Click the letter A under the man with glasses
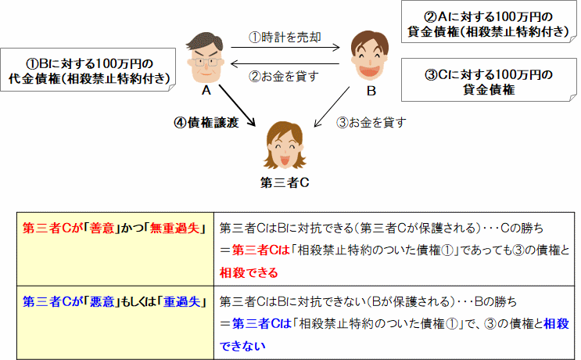pos(206,91)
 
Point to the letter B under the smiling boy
pos(371,92)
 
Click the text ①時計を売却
pos(285,37)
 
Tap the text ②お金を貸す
pos(285,77)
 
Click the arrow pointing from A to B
pos(285,48)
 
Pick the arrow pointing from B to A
pos(285,66)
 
